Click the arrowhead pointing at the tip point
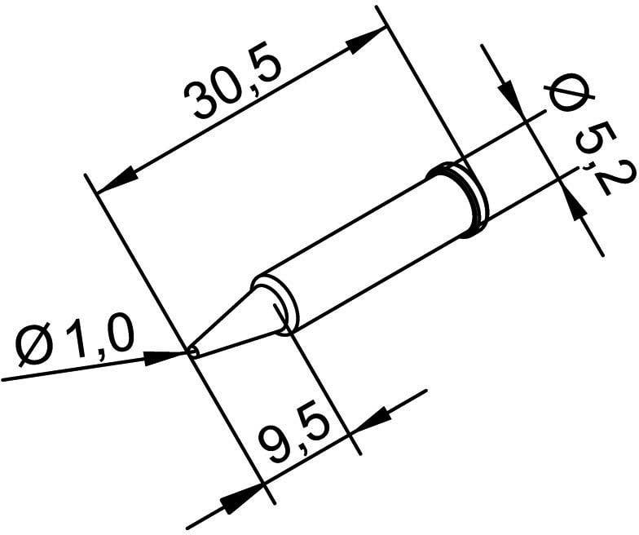(x=167, y=356)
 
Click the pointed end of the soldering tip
(x=192, y=352)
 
